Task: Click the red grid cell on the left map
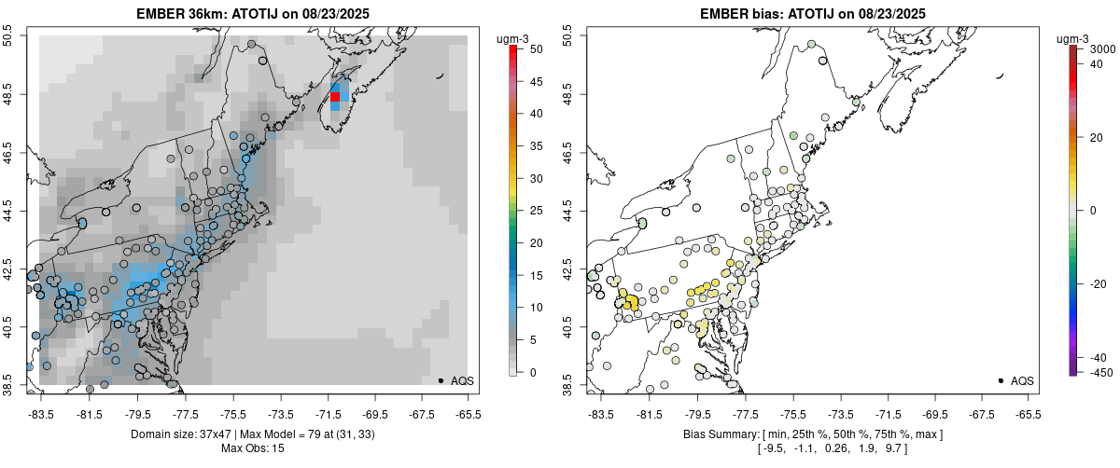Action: (x=335, y=97)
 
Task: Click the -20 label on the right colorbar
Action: (x=1099, y=285)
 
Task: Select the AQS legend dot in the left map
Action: (x=441, y=380)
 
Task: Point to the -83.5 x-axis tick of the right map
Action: (x=602, y=413)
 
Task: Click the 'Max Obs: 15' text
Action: (x=252, y=448)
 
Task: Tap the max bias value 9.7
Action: (x=894, y=449)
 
